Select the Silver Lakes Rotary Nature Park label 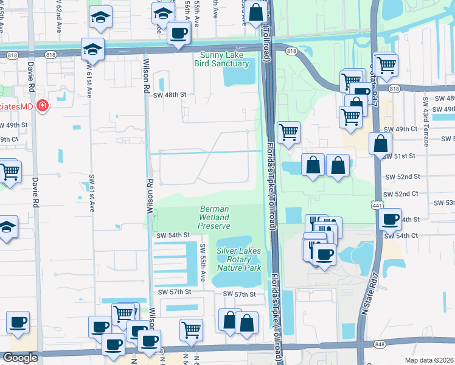tap(238, 259)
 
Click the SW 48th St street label tap(169, 95)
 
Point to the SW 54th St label tap(173, 235)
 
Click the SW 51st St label tap(399, 156)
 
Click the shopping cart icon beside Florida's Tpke tap(288, 131)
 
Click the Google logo tap(20, 358)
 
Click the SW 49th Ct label tap(400, 130)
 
